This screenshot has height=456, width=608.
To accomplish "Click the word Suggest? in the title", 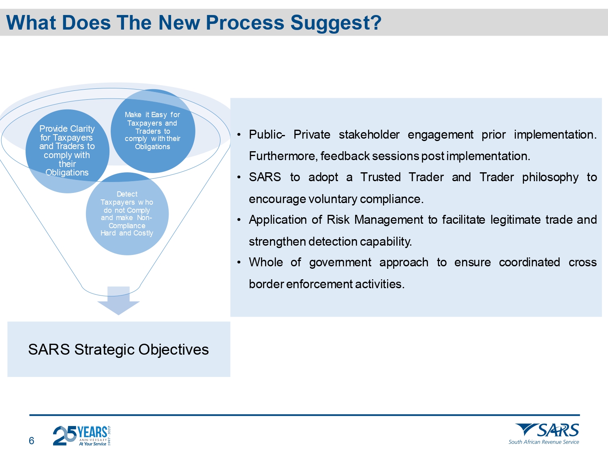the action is (x=336, y=23).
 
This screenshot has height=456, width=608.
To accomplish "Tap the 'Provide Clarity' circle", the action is (x=67, y=151).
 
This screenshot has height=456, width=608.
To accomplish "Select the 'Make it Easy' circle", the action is (x=153, y=131).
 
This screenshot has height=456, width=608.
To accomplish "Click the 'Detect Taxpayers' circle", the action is (x=127, y=214).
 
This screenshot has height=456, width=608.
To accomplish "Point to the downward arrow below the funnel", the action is (x=118, y=301).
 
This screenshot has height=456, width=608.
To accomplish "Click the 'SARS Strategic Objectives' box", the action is (x=119, y=349).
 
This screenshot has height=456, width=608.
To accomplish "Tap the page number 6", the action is (x=32, y=441).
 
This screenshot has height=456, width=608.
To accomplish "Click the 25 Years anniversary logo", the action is (x=82, y=435).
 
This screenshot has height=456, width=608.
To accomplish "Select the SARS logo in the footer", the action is (x=547, y=430).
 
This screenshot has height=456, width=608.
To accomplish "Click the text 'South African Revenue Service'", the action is (x=544, y=442).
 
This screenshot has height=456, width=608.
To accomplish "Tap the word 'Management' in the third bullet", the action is (x=389, y=220).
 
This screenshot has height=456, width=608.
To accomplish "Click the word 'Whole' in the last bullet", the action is (x=266, y=262).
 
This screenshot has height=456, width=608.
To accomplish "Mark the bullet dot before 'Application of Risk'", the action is (x=239, y=220).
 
